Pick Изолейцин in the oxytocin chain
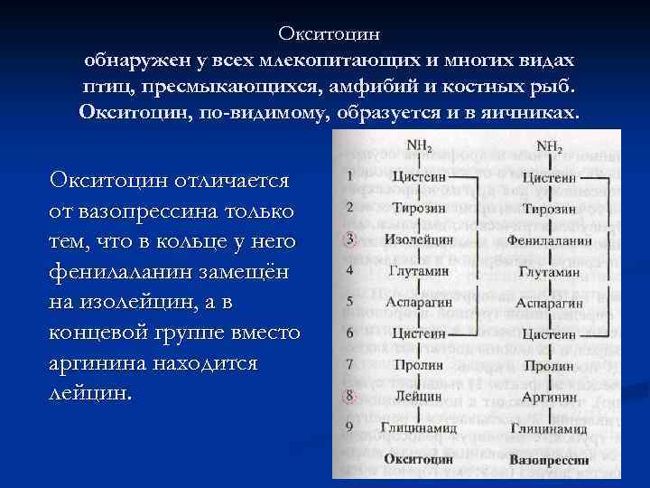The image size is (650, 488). point(417,239)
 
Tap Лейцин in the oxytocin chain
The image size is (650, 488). point(417,396)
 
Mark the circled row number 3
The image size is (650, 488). point(349,240)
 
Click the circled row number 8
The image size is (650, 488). point(349,396)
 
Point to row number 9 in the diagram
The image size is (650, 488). point(349,427)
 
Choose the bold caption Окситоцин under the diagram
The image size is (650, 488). point(417,459)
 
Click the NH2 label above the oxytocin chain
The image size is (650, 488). point(418,145)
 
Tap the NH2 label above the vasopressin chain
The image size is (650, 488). point(549,145)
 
